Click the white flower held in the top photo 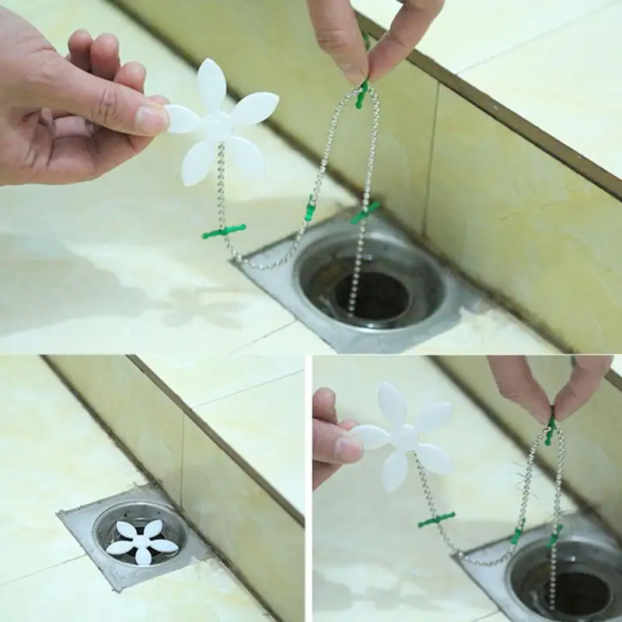[222, 124]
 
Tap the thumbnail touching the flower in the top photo [152, 119]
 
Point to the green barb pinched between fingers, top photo [362, 93]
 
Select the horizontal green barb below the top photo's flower [224, 231]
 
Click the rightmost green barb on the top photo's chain [365, 211]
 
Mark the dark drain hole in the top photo [371, 296]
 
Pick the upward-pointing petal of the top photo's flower [211, 83]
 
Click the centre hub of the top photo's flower [219, 124]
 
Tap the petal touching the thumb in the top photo [182, 118]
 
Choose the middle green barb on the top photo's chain [311, 208]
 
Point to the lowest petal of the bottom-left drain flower [143, 557]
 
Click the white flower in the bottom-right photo [405, 438]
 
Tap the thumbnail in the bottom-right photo [348, 449]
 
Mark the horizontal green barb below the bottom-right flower [436, 519]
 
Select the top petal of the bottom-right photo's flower [392, 402]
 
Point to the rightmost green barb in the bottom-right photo [555, 536]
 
